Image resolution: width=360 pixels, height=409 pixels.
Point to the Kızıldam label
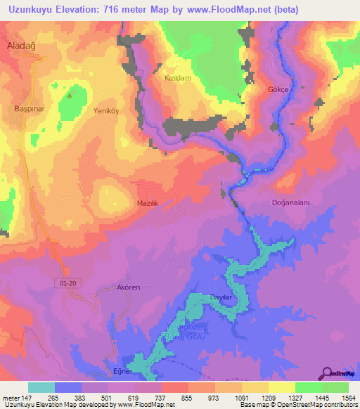point(178,79)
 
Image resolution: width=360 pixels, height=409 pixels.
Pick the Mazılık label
point(148,202)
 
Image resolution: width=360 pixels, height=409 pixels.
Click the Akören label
point(129,288)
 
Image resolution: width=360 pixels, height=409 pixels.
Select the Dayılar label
point(221,298)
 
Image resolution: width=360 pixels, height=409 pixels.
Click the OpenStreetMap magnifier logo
point(328,373)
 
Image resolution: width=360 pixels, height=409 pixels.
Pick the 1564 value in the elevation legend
point(348,398)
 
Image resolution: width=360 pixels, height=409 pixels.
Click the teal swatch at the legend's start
point(41,387)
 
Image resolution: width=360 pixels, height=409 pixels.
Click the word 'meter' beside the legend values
point(11,398)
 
